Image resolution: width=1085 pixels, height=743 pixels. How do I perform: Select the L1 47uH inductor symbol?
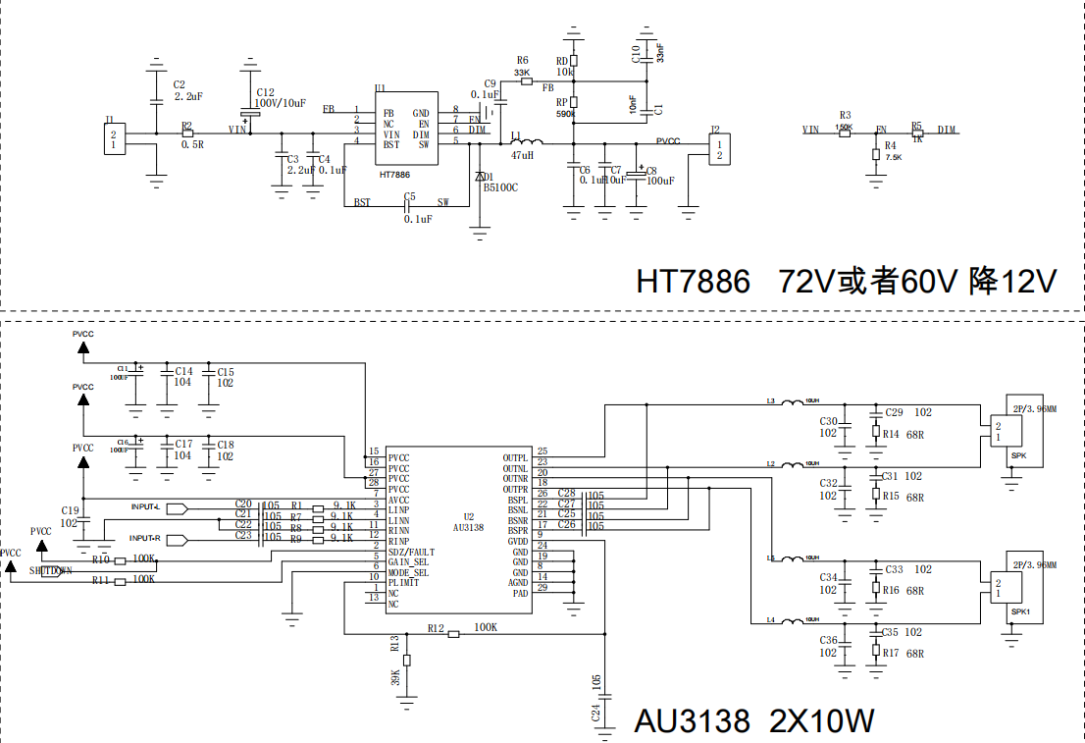pyautogui.click(x=521, y=143)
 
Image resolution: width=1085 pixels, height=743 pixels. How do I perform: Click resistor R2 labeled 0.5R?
pyautogui.click(x=187, y=133)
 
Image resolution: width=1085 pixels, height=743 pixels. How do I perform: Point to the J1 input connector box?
pyautogui.click(x=115, y=138)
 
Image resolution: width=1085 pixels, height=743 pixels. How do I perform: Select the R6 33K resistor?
pyautogui.click(x=527, y=81)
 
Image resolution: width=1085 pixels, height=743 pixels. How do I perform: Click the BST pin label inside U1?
pyautogui.click(x=391, y=144)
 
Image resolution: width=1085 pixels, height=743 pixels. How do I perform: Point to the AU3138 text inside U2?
pyautogui.click(x=469, y=527)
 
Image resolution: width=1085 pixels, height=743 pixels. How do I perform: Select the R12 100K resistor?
pyautogui.click(x=453, y=634)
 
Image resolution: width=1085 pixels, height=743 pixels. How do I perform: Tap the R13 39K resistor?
pyautogui.click(x=407, y=660)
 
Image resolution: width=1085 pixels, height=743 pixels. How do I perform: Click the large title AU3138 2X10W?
pyautogui.click(x=753, y=721)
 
